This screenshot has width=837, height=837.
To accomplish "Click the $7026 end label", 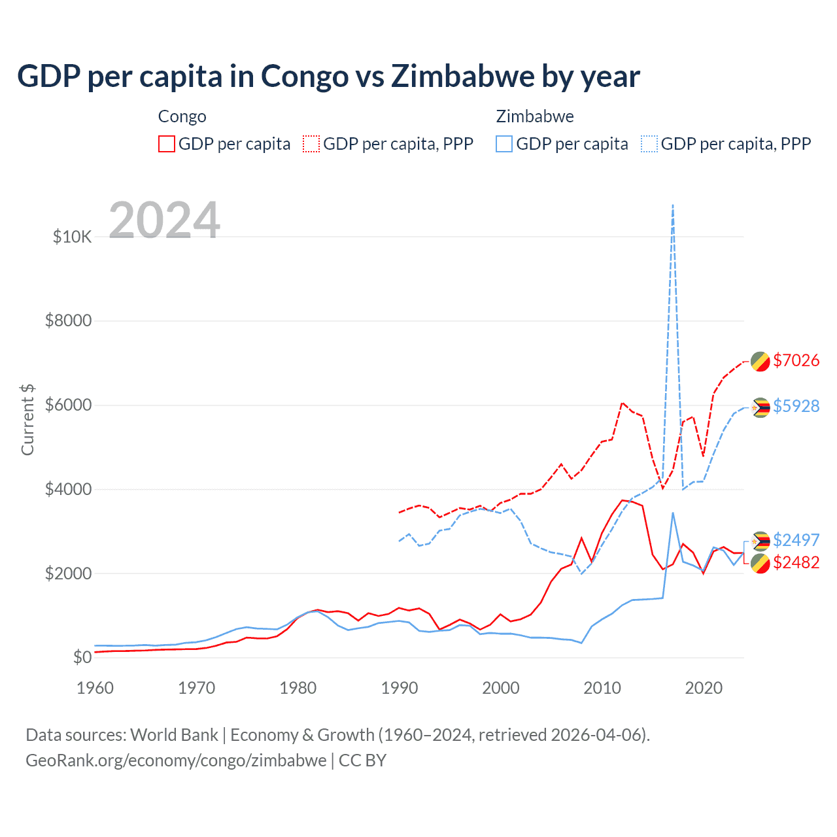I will click(796, 360).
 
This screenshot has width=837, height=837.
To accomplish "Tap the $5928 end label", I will click(796, 406).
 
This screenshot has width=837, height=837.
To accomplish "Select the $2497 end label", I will click(796, 540).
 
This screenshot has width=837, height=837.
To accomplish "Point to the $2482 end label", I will click(796, 562).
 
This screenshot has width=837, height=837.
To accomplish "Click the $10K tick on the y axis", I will click(72, 237).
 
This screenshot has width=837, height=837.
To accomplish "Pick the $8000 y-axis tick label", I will click(68, 321).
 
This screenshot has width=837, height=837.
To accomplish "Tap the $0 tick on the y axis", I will click(82, 657).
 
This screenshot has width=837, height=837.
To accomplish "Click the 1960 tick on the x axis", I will click(95, 688).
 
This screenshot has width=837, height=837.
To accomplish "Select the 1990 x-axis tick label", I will click(400, 688).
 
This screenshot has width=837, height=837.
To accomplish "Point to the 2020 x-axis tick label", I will click(704, 688).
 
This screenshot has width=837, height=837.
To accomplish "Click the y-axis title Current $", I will click(27, 419).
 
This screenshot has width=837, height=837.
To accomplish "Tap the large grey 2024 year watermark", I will click(164, 220).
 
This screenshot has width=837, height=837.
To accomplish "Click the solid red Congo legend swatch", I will click(167, 144).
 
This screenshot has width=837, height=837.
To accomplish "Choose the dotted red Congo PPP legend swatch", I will click(311, 144).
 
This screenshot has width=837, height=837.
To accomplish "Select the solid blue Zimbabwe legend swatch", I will click(504, 144).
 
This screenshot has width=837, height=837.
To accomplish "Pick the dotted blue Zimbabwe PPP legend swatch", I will click(649, 144).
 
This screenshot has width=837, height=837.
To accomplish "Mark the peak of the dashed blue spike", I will click(673, 205).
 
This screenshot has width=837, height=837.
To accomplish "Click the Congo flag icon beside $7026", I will click(760, 361).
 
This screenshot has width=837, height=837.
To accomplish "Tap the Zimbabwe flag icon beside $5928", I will click(760, 407).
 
